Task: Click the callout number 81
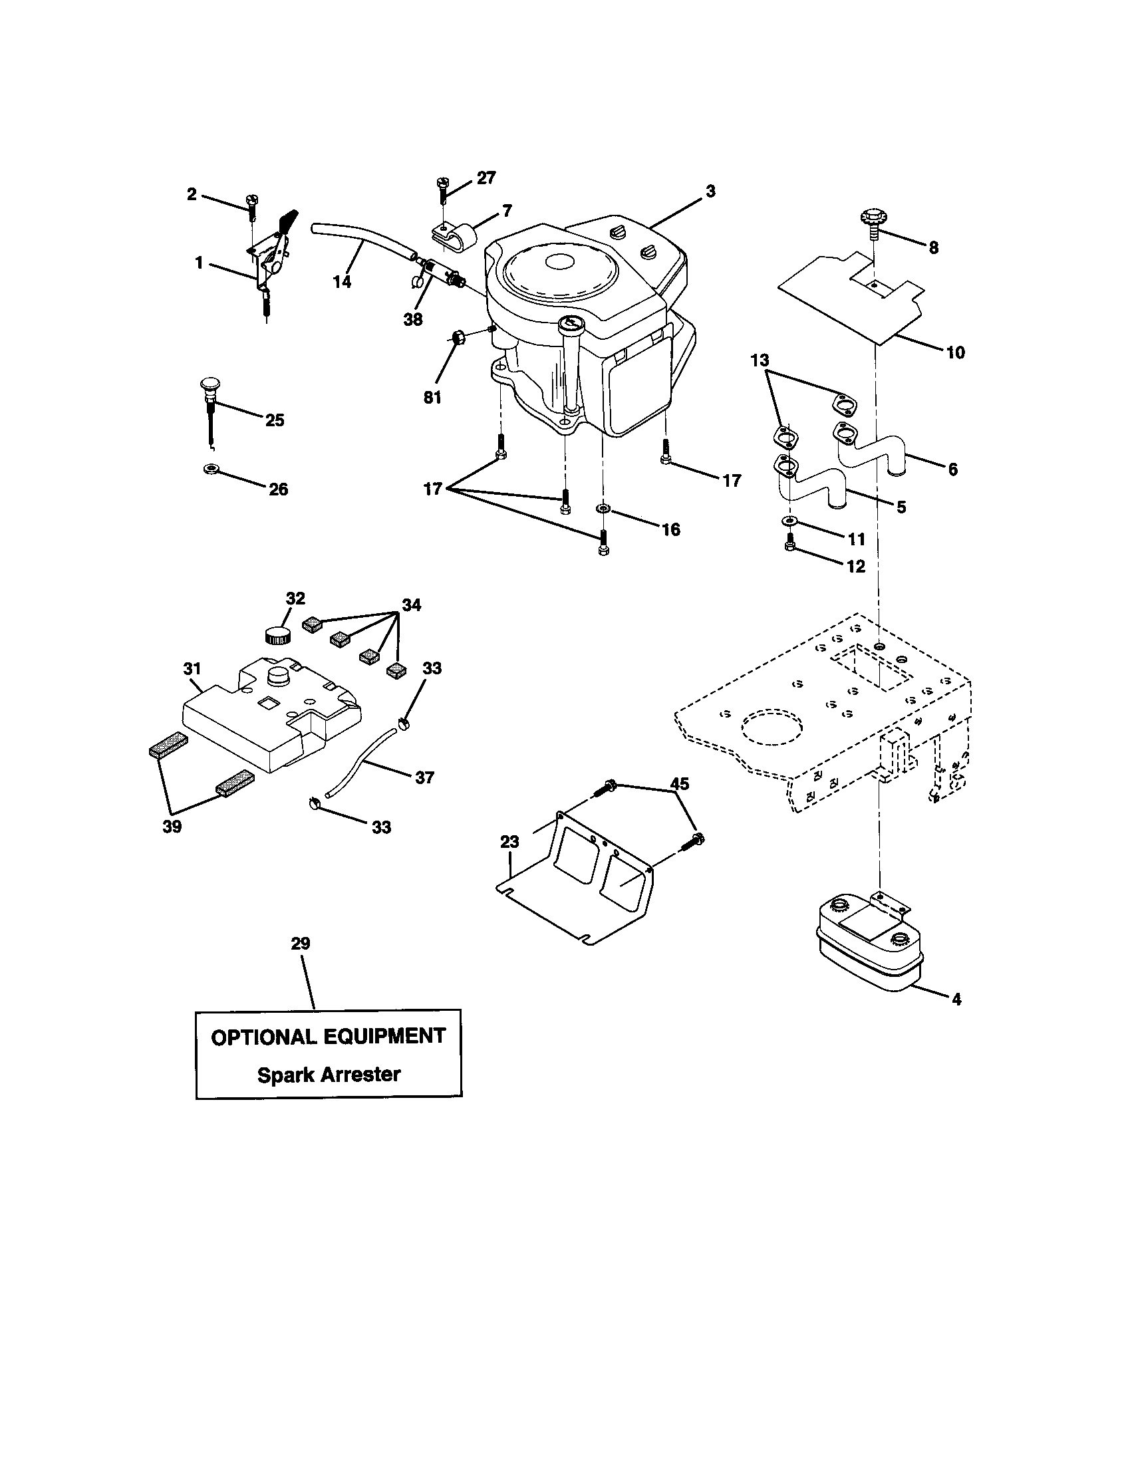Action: tap(432, 397)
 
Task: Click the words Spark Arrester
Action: tap(329, 1075)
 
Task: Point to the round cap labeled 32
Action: tap(276, 634)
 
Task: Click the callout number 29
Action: tap(300, 943)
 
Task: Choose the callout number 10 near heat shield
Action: tap(955, 352)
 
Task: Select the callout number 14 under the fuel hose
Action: tap(342, 281)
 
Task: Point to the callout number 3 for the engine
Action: tap(710, 192)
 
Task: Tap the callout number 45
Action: tap(679, 784)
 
